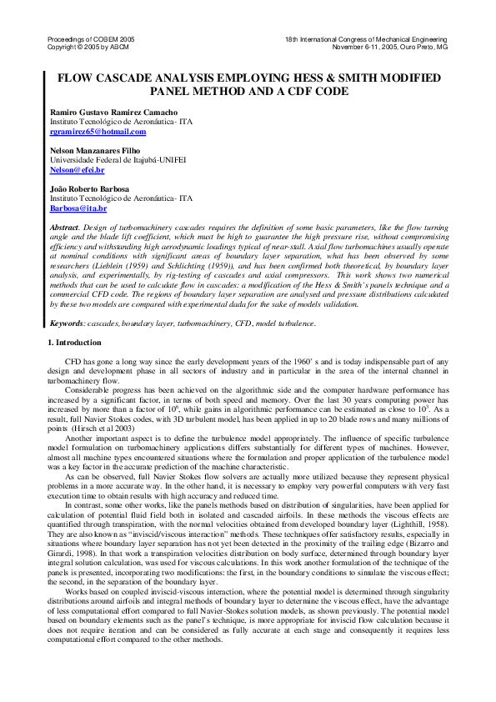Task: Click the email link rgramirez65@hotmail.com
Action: [98, 132]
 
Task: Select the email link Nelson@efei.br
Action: [78, 169]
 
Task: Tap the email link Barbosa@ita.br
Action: [78, 208]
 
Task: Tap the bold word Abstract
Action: [65, 227]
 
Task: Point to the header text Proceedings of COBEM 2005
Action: [90, 39]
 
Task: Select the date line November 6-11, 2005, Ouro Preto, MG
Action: [389, 47]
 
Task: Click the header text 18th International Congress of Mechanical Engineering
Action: [366, 39]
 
